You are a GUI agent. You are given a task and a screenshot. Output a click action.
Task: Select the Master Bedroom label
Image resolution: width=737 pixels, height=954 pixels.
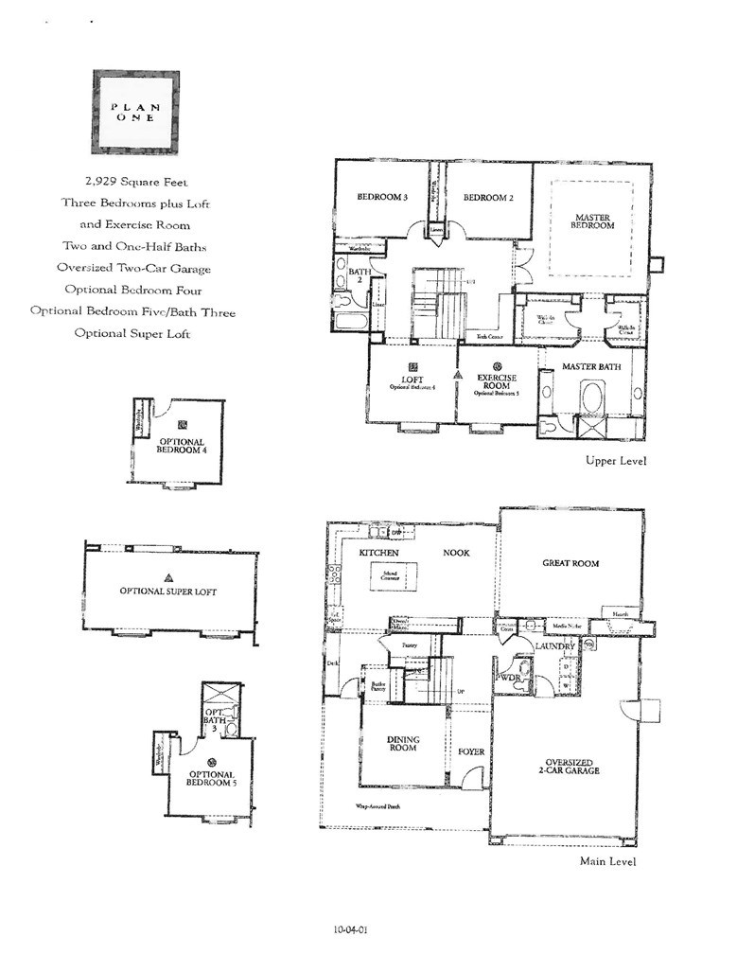(593, 221)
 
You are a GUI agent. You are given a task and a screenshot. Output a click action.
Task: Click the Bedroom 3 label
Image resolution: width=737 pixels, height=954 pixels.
(381, 198)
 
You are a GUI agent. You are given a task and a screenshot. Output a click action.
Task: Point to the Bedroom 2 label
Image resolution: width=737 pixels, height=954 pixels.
(488, 198)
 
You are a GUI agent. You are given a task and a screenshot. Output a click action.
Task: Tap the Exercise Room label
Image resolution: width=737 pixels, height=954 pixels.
(497, 381)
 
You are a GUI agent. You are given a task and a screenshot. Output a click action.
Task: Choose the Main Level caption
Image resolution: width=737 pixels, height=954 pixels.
(607, 861)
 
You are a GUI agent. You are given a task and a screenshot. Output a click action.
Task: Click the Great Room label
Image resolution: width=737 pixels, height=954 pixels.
(570, 563)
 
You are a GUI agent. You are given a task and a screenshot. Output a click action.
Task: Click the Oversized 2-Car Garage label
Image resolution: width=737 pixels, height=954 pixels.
(570, 765)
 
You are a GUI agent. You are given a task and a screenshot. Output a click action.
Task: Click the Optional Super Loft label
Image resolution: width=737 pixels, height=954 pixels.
(168, 592)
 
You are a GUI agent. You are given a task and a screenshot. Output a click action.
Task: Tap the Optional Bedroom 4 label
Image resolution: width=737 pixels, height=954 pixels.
(181, 446)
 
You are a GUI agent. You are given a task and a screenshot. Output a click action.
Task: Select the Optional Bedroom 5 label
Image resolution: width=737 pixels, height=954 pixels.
(209, 778)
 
